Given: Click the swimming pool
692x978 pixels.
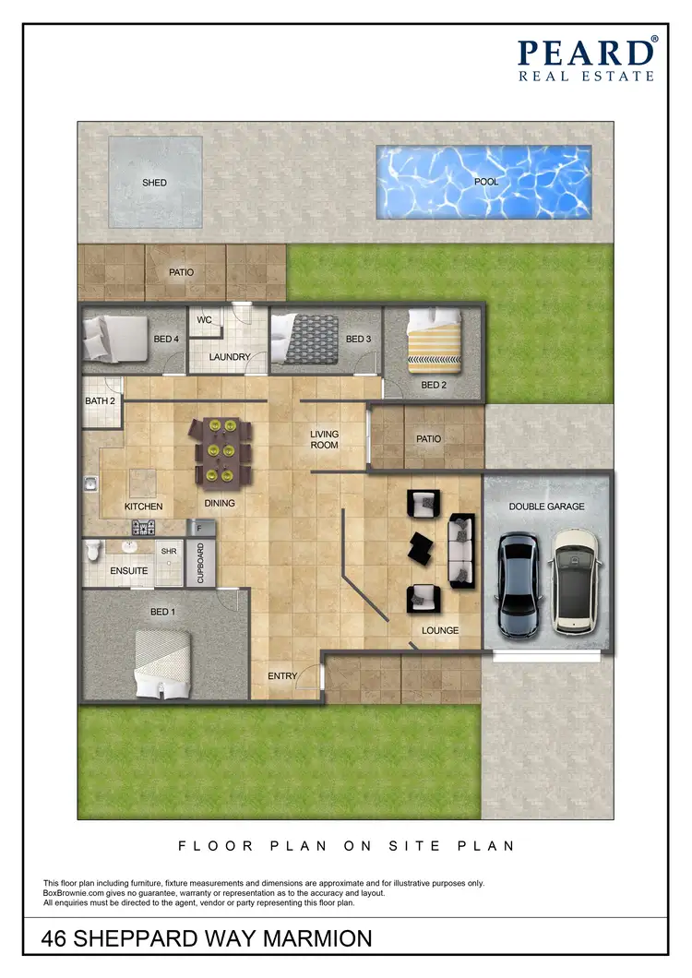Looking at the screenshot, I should coord(483,182).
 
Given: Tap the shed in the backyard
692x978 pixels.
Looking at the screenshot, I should coord(155,182).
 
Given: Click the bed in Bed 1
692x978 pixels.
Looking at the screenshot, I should coord(163,663).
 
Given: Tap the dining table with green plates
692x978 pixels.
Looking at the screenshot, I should coord(221,450).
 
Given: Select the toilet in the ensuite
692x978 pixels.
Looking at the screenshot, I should coord(93,551).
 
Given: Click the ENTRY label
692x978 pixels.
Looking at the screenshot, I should coord(282,676).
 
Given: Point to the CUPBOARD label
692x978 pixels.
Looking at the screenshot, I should coord(201,562).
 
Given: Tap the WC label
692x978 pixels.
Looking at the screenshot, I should coord(205,320).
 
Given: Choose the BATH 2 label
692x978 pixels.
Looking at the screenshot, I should coord(100,400).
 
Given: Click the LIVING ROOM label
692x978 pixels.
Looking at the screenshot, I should coord(324,439).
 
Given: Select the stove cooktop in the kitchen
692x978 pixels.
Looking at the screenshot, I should coord(143,528).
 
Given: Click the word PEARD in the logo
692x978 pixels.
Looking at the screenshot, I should coord(585,53).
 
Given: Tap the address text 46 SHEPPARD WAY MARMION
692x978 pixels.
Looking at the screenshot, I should coord(208,939).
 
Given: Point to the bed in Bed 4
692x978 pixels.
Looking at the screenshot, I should coord(113,337).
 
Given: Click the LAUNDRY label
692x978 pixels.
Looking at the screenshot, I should coord(230,357).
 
